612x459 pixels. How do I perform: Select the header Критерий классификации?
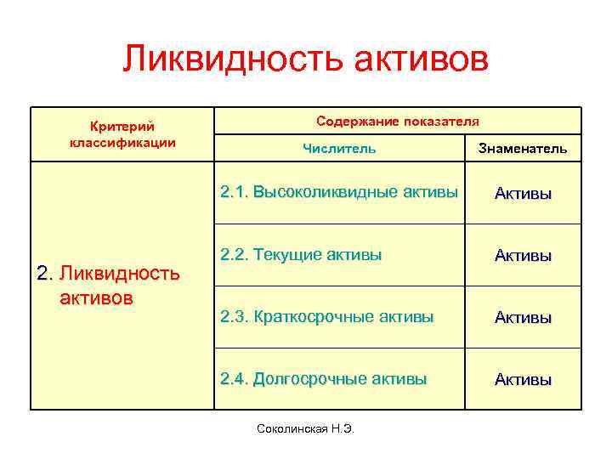pyautogui.click(x=122, y=133)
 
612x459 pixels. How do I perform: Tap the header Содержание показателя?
pyautogui.click(x=398, y=121)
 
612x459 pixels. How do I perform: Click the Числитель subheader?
pyautogui.click(x=339, y=149)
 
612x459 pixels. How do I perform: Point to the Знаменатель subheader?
pyautogui.click(x=523, y=149)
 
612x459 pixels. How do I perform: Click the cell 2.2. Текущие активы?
pyautogui.click(x=301, y=254)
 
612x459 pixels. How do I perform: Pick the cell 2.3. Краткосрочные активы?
pyautogui.click(x=326, y=317)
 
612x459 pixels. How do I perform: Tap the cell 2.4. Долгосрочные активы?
pyautogui.click(x=323, y=379)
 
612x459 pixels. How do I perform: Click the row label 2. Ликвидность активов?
pyautogui.click(x=109, y=286)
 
